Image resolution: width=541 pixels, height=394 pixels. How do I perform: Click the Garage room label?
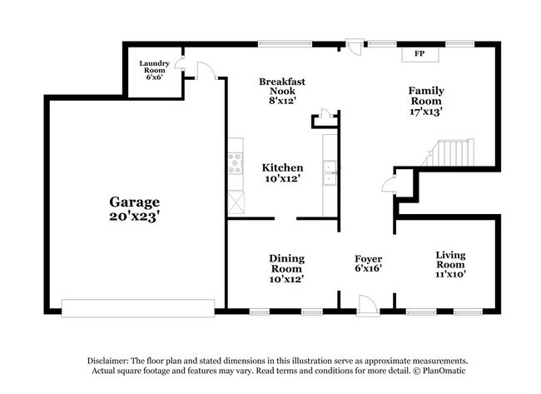(134, 202)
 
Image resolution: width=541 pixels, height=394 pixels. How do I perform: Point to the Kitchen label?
(282, 167)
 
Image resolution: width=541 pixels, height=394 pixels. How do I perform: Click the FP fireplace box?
(419, 54)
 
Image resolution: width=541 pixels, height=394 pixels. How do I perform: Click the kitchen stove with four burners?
(236, 163)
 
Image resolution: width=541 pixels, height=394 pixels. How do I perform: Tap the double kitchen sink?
(330, 172)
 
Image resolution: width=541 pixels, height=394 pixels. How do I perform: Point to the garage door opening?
(138, 308)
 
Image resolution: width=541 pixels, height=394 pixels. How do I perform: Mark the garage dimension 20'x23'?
(134, 216)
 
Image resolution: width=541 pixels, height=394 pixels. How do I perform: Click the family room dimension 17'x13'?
(425, 111)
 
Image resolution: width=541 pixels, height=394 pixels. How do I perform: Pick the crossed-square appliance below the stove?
(236, 201)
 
